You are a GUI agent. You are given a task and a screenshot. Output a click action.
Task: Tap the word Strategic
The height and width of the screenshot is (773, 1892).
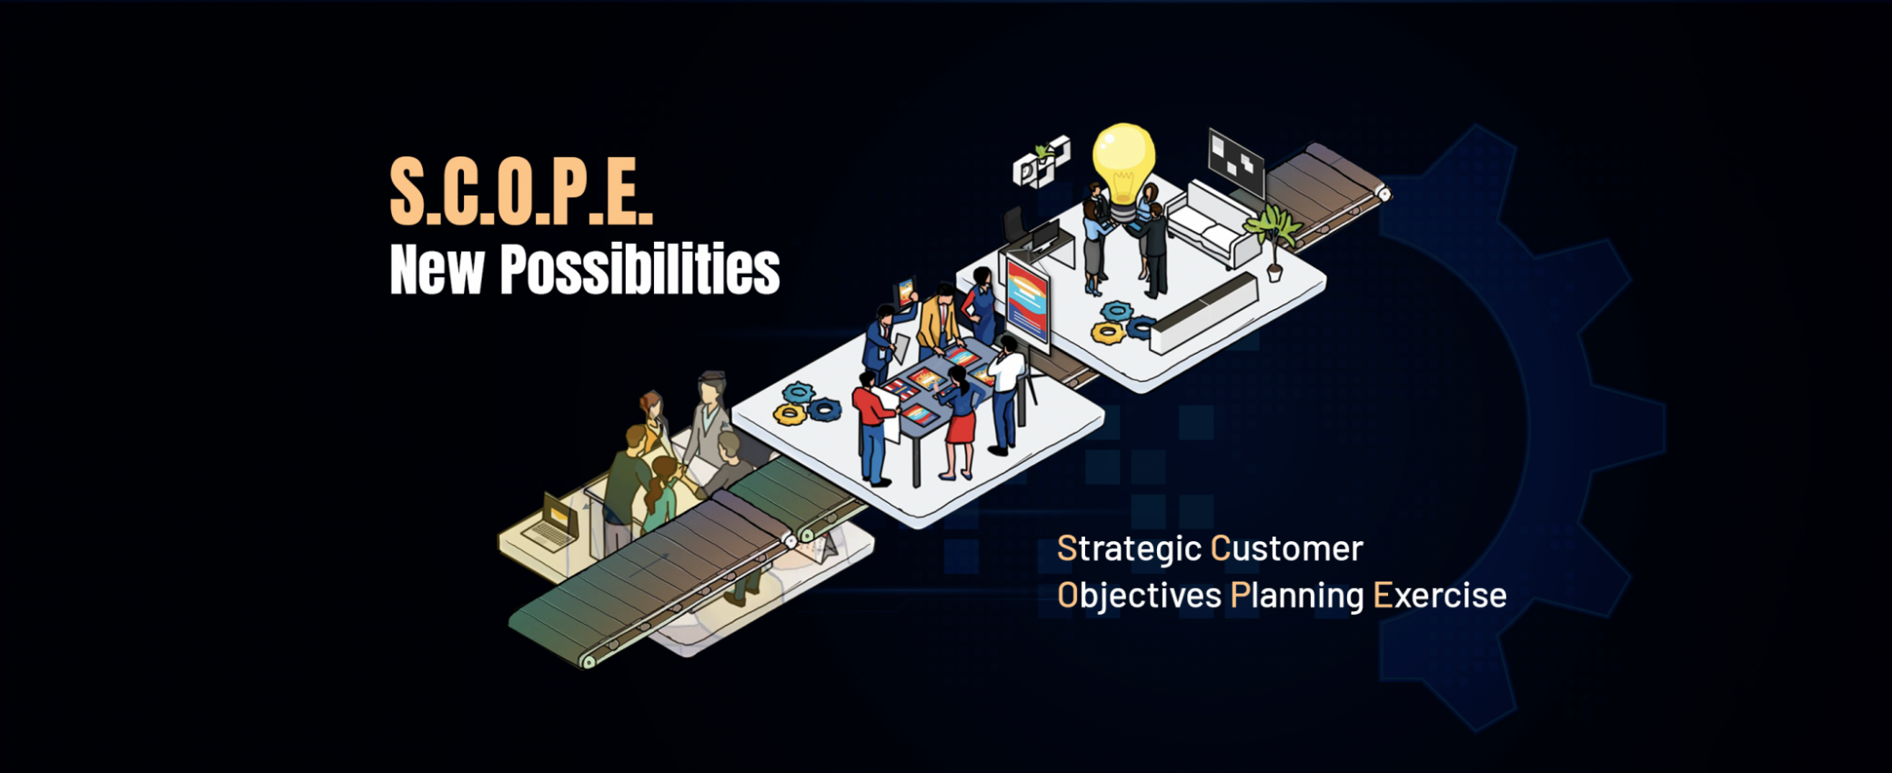pyautogui.click(x=1129, y=549)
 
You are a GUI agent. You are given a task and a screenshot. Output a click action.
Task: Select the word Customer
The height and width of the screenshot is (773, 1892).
pyautogui.click(x=1287, y=548)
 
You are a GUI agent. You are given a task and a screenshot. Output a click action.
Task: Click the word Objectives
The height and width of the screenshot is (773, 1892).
pyautogui.click(x=1139, y=597)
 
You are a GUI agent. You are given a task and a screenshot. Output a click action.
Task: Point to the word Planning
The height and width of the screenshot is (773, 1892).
pyautogui.click(x=1297, y=597)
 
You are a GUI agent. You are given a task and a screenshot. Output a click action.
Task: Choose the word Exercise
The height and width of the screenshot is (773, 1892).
pyautogui.click(x=1440, y=596)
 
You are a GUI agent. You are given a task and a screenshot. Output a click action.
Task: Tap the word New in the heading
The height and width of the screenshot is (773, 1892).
pyautogui.click(x=437, y=270)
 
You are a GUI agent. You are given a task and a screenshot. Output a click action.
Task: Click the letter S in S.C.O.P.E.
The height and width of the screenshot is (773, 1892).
pyautogui.click(x=408, y=192)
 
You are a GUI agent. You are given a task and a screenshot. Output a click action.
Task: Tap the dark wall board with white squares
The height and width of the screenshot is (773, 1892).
pyautogui.click(x=1235, y=163)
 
